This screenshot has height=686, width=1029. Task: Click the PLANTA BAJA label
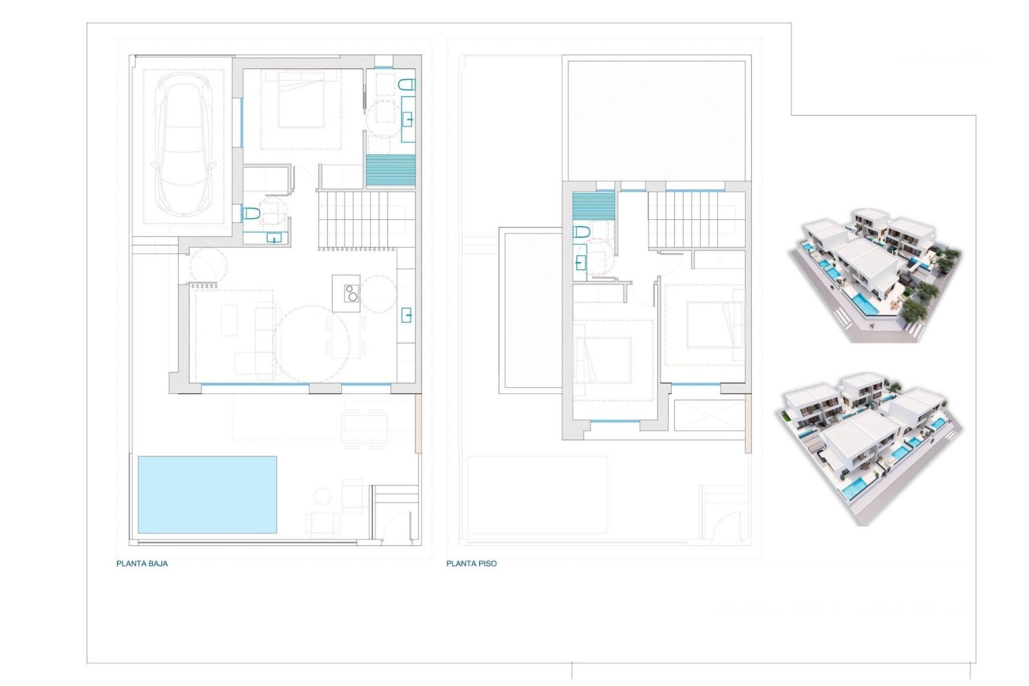click(142, 563)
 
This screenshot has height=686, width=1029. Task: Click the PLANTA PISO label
click(471, 563)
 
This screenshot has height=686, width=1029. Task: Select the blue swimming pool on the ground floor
click(207, 495)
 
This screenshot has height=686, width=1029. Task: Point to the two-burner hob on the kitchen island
click(351, 294)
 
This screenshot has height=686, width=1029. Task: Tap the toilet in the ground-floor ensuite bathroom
click(407, 84)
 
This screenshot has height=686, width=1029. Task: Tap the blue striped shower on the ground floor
click(391, 170)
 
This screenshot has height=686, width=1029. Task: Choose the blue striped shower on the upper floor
click(593, 206)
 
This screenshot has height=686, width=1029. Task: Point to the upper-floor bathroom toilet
click(581, 232)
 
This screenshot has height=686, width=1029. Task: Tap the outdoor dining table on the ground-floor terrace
click(364, 423)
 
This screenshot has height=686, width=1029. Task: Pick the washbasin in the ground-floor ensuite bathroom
click(408, 119)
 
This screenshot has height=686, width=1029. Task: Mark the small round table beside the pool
click(323, 496)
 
